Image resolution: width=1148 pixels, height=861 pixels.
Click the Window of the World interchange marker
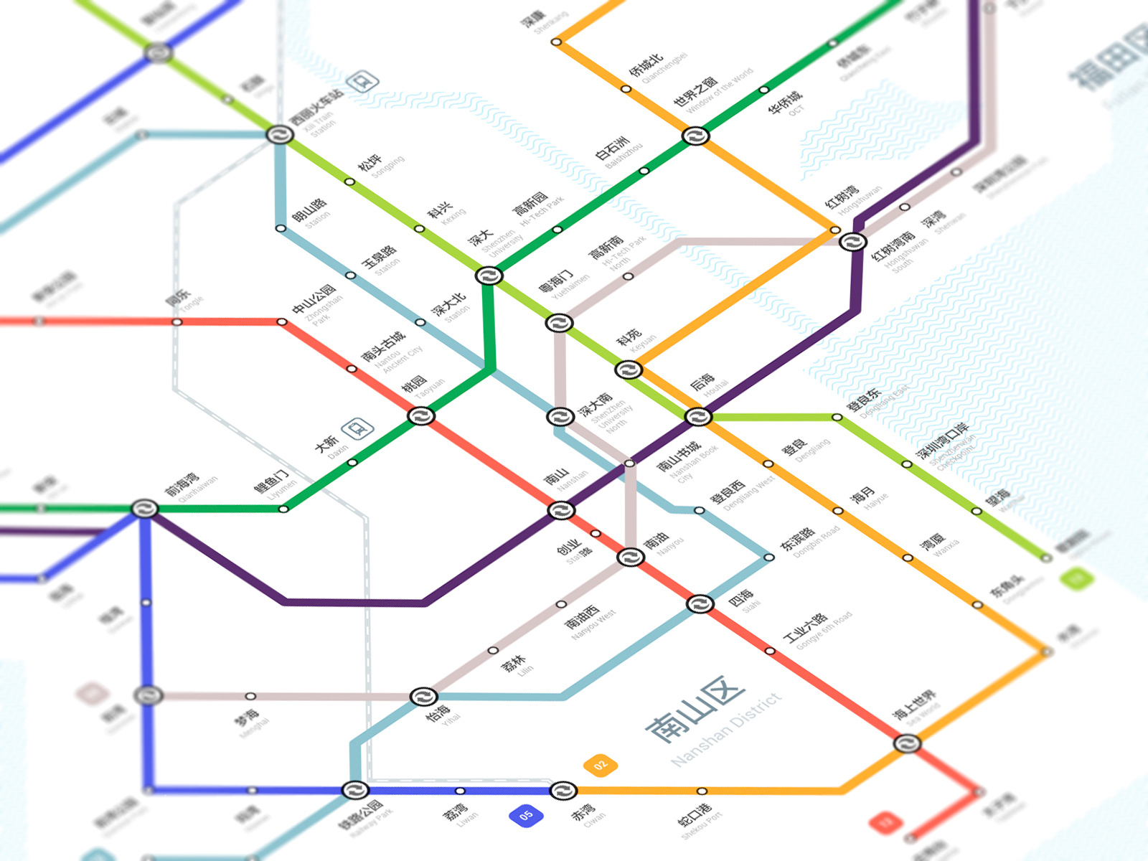point(695,136)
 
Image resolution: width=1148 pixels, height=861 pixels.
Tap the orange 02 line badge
point(600,765)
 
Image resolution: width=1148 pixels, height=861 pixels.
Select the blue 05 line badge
point(526,815)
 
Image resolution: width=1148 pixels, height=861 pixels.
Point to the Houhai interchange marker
point(697,417)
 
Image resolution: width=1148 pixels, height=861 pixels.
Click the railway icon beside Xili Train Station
point(363,82)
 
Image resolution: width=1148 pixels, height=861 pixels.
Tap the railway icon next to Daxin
point(357,429)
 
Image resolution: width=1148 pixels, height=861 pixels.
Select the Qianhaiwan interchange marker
point(144,509)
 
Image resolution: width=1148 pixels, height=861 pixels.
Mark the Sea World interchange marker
point(907,743)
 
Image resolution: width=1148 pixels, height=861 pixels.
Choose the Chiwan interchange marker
point(563,791)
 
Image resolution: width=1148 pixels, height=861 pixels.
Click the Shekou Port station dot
point(702,791)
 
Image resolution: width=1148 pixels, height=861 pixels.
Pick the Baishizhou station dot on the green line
point(644,171)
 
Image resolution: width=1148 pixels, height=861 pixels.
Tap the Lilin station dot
point(493,651)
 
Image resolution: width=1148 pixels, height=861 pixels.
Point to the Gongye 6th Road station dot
point(770,651)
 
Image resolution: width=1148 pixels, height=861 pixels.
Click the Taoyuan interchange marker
point(421,416)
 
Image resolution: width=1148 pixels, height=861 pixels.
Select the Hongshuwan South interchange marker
point(852,242)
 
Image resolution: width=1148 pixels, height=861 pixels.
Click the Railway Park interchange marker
point(354,791)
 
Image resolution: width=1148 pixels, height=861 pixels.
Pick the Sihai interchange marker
point(700,604)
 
